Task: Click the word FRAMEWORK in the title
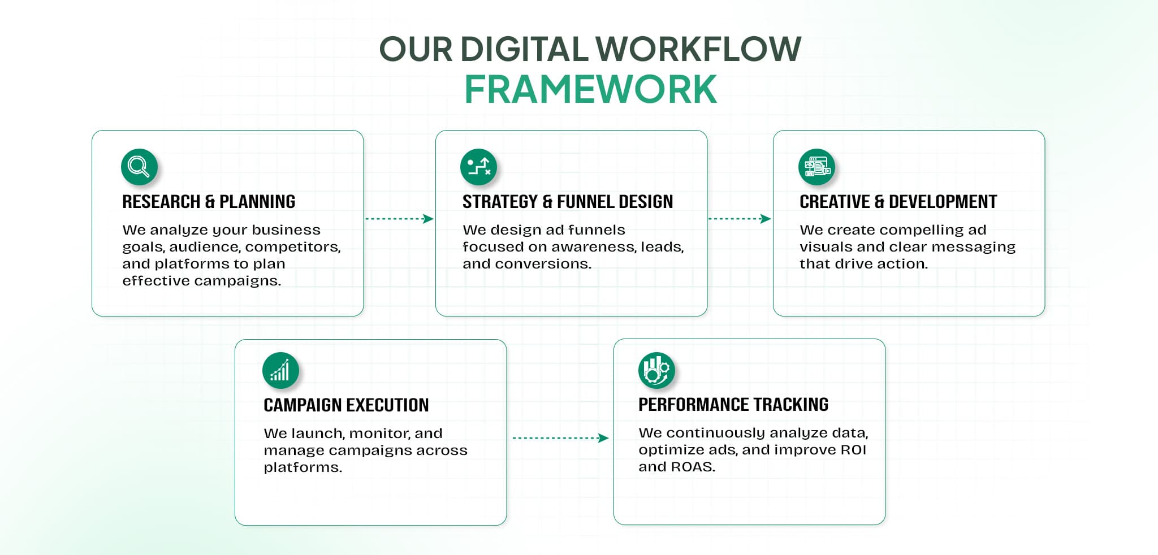point(590,89)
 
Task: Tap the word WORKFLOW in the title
point(698,49)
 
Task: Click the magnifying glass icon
point(139,167)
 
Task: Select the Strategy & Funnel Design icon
point(478,167)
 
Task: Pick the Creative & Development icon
point(816,167)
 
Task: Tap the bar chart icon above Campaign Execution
point(280,371)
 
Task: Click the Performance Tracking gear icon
point(656,370)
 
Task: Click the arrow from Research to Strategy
point(399,219)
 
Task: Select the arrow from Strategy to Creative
point(740,219)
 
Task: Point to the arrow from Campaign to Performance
point(560,438)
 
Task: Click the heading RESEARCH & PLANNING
point(209,202)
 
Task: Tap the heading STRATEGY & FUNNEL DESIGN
point(568,202)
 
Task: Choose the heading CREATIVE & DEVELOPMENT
point(898,202)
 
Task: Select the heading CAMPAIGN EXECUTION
point(346,405)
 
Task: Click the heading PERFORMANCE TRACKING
point(733,405)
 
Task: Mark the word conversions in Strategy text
point(542,264)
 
